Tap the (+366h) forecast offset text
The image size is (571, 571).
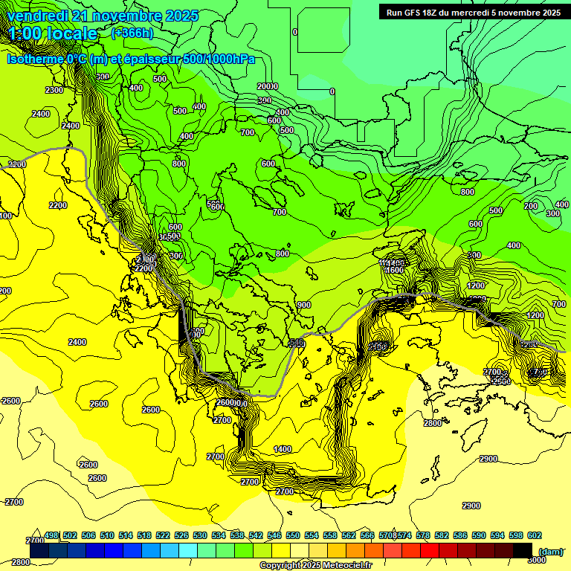coord(132,33)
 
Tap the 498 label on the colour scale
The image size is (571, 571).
coord(51,535)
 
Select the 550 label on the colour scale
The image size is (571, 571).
coord(293,535)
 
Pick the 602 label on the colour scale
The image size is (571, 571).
coord(535,535)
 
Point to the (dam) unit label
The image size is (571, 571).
coord(550,551)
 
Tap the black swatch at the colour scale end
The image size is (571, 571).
coord(523,551)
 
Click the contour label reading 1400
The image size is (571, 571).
coord(283,449)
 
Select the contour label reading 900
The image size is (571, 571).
coord(303,305)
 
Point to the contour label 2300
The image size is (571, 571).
coord(54,90)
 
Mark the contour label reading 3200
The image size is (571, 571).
coord(16,164)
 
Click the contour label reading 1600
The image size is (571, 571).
coord(394,271)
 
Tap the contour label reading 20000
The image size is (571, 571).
coord(267,86)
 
